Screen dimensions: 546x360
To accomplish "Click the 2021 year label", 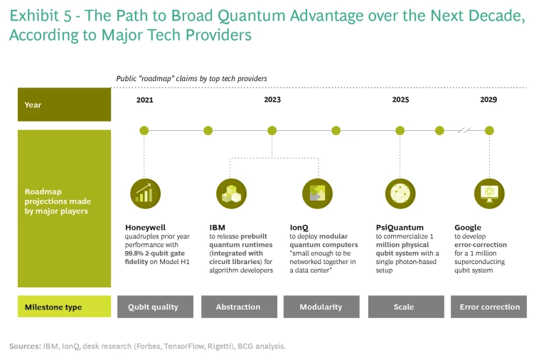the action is click(x=144, y=100).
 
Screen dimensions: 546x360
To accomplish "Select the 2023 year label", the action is click(x=272, y=100).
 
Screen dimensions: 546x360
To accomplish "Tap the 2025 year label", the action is click(x=400, y=100).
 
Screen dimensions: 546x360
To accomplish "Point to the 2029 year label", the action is click(x=488, y=100).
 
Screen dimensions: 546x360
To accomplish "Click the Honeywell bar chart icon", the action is click(x=146, y=194).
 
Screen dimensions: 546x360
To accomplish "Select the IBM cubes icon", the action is click(x=231, y=194).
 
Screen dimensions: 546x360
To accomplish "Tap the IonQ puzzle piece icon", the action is click(x=317, y=194).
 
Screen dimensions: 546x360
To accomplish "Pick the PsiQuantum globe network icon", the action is click(x=400, y=194).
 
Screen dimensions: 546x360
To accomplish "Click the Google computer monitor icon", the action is click(x=489, y=194).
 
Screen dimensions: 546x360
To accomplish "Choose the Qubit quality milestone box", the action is click(x=155, y=307).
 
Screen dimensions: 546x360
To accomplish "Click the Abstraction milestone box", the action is click(x=239, y=307).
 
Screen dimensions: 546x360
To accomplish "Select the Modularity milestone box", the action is click(x=321, y=307).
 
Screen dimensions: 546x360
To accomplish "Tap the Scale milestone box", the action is click(x=406, y=307).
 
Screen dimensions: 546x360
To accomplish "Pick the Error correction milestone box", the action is click(x=488, y=307).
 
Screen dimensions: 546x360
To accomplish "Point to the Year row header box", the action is click(x=65, y=105).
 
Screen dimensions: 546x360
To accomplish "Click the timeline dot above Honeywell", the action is click(x=144, y=131).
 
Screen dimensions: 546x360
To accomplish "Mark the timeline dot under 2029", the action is click(x=489, y=131).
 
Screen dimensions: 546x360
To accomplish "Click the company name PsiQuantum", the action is click(x=400, y=228).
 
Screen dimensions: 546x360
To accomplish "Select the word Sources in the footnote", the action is click(x=25, y=346).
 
